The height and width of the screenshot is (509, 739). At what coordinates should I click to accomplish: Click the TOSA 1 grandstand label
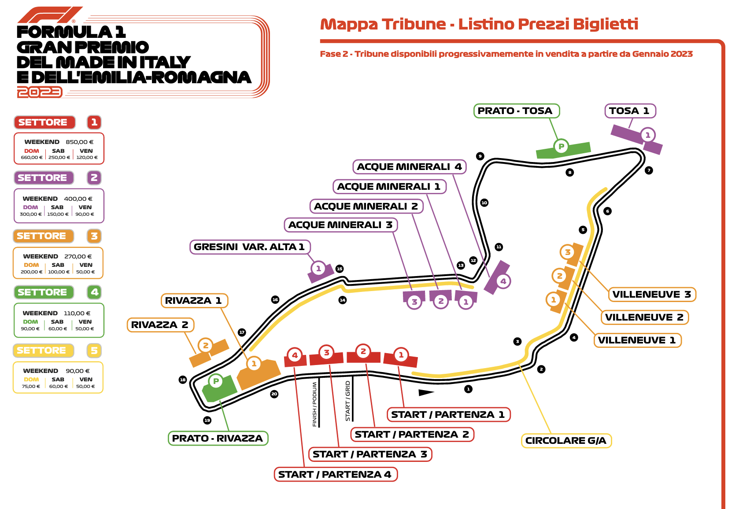629,111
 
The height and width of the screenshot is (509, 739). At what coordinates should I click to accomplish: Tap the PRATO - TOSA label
516,111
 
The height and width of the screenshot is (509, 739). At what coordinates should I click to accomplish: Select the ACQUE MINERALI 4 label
409,167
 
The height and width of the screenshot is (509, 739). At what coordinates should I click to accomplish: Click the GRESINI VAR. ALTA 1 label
250,247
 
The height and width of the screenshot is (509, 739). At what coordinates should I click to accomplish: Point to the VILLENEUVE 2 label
644,317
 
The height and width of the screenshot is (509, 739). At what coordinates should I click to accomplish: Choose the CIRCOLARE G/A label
566,441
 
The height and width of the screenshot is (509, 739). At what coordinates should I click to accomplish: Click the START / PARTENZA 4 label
335,475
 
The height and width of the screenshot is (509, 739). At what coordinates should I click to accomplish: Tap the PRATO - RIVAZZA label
218,439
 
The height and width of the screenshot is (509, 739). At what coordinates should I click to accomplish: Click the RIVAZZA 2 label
160,325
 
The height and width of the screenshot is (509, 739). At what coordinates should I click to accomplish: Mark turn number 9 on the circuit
480,156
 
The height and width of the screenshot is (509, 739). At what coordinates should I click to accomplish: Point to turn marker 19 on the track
207,420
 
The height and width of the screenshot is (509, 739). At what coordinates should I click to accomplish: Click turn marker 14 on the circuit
343,300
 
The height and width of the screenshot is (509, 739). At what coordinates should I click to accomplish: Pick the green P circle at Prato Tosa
561,146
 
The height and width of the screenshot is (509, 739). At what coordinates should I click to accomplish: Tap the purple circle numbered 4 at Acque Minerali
503,281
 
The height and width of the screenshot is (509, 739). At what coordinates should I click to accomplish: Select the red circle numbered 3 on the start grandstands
326,353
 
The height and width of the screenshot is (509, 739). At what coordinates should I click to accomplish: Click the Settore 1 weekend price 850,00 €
79,142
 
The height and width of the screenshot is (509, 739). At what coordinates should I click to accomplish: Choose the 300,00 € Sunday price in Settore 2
30,214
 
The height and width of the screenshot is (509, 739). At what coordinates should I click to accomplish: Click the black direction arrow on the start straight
426,393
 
